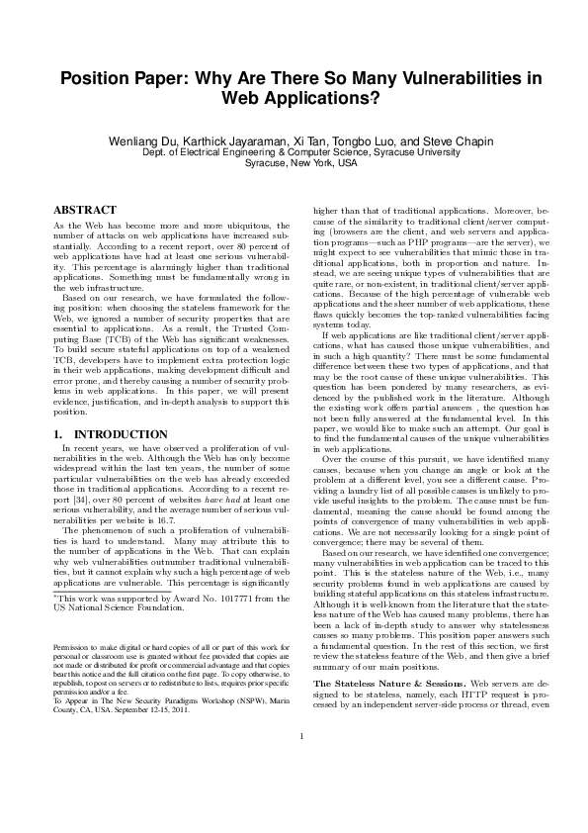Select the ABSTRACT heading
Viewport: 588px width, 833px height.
[x=84, y=211]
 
